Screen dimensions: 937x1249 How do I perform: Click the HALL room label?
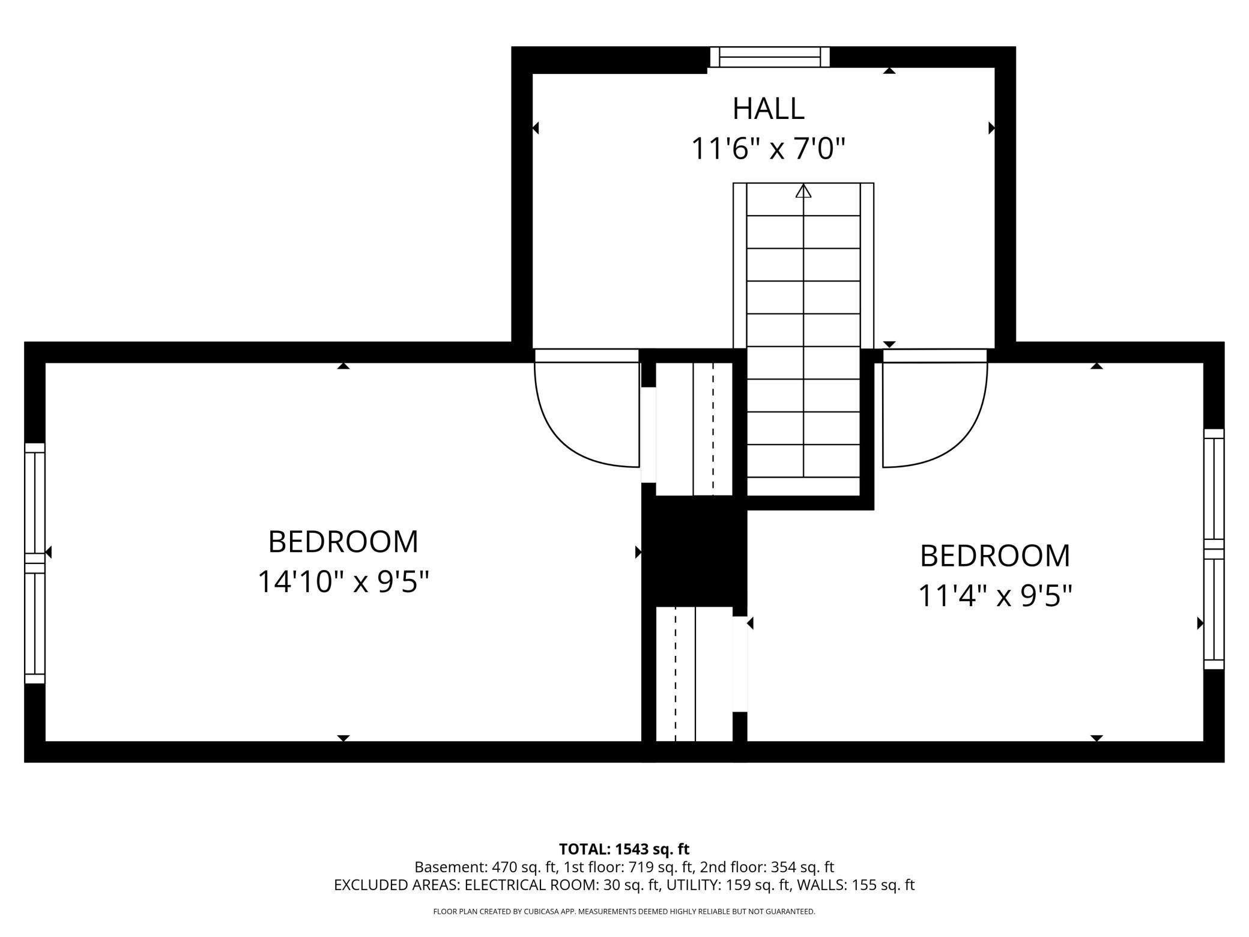pyautogui.click(x=768, y=109)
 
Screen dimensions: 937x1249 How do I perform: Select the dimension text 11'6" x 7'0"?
pyautogui.click(x=768, y=149)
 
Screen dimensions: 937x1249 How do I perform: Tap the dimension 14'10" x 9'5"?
pyautogui.click(x=343, y=581)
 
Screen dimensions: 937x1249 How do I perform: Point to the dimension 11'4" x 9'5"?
pyautogui.click(x=995, y=596)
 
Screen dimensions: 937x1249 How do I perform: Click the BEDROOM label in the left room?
pyautogui.click(x=343, y=542)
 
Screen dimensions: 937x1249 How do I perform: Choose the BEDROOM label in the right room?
pyautogui.click(x=995, y=556)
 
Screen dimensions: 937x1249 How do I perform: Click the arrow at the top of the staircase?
pyautogui.click(x=803, y=192)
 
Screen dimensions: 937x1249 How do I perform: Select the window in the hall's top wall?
pyautogui.click(x=769, y=57)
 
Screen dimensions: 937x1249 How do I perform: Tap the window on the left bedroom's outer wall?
pyautogui.click(x=35, y=563)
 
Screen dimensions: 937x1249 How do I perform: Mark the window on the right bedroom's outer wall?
pyautogui.click(x=1214, y=548)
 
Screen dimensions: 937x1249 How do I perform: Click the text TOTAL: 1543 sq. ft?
pyautogui.click(x=624, y=849)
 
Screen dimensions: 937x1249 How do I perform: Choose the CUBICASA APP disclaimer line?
pyautogui.click(x=624, y=912)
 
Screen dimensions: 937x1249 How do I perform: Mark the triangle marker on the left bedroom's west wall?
pyautogui.click(x=49, y=552)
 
